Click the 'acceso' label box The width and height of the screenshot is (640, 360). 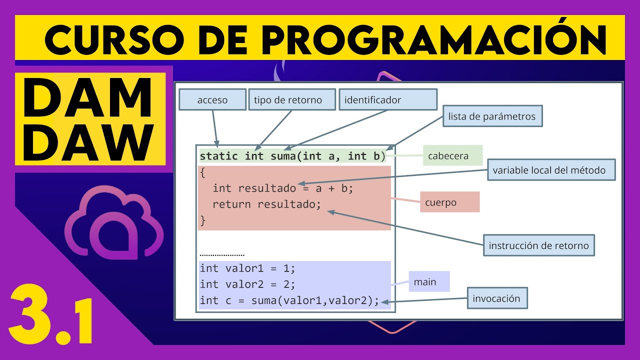pyautogui.click(x=212, y=100)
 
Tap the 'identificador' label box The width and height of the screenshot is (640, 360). pyautogui.click(x=388, y=100)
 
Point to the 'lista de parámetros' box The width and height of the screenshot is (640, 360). pyautogui.click(x=492, y=116)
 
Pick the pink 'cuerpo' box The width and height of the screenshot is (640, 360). pyautogui.click(x=449, y=202)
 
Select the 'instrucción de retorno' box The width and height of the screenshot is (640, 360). pyautogui.click(x=538, y=245)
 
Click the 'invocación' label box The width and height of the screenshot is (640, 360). pyautogui.click(x=496, y=299)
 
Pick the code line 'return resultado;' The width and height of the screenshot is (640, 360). pyautogui.click(x=266, y=204)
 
